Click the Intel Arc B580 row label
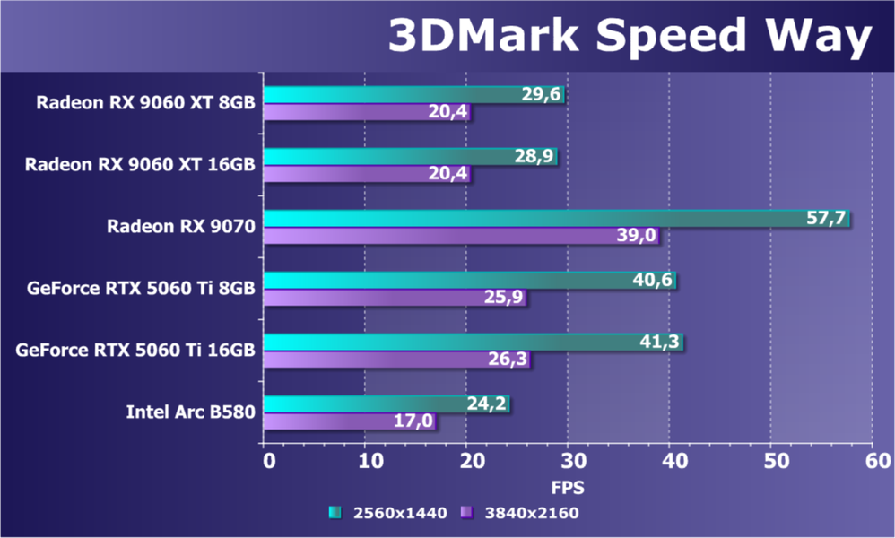click(x=191, y=412)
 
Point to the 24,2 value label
click(x=488, y=403)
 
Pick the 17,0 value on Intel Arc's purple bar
click(x=414, y=421)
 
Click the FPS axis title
click(x=567, y=489)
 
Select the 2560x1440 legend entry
click(x=385, y=513)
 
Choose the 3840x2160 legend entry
click(x=519, y=513)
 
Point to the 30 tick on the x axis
click(x=567, y=462)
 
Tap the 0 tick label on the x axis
click(x=267, y=462)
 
